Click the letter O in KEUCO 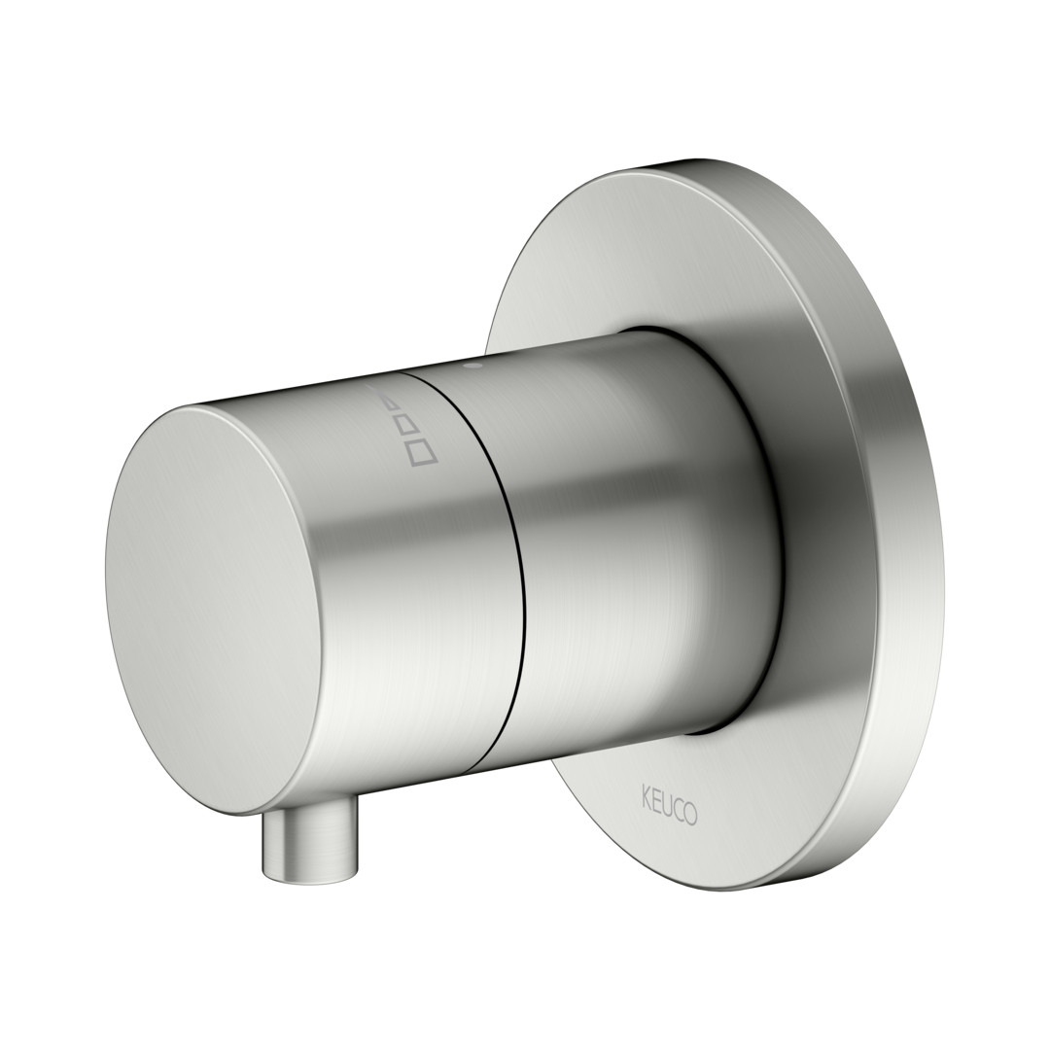[x=689, y=814]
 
